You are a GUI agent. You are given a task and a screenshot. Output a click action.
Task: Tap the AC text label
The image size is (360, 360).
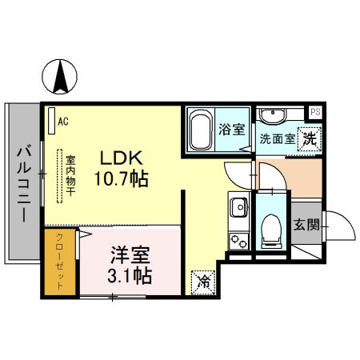[x=63, y=122]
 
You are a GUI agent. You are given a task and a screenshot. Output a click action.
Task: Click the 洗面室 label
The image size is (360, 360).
[x=277, y=139]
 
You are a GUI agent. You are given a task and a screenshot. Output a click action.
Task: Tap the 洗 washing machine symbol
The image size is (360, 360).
[x=309, y=137]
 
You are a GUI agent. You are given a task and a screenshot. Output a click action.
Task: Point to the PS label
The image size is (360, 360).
[x=315, y=112]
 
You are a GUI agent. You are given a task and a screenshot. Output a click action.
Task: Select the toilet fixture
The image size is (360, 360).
[x=270, y=229]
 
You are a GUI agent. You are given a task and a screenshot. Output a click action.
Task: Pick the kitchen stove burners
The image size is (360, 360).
[x=238, y=239]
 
